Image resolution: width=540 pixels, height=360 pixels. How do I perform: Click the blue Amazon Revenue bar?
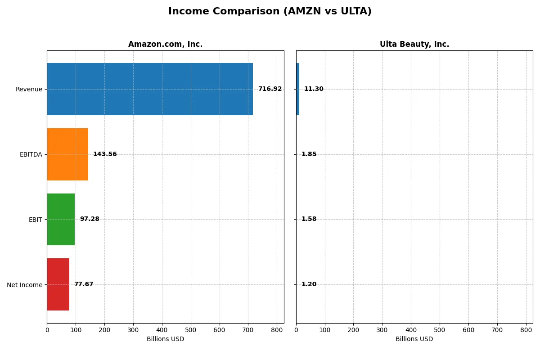coord(150,89)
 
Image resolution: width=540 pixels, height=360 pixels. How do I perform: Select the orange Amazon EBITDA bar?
coord(67,154)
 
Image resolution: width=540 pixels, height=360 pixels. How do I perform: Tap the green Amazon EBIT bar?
coord(61,219)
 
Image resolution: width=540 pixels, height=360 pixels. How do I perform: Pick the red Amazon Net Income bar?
coord(58,284)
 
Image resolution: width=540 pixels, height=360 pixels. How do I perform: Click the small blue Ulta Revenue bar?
coord(297,89)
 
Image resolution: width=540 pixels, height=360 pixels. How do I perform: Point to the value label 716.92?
coord(270,89)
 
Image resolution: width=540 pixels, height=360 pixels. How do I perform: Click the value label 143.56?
coord(105,154)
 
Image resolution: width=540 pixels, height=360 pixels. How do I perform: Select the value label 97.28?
coord(90,219)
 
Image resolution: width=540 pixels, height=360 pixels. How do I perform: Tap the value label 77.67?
coord(84,284)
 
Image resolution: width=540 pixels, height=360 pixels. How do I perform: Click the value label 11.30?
coord(314,89)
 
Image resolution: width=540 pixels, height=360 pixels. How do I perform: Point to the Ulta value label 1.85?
coord(309,154)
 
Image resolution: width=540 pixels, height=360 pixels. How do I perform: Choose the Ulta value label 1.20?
coord(309,284)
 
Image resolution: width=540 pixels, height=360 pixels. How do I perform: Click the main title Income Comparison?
coord(270,12)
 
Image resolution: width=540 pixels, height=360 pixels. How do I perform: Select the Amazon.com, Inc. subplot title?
coord(165,45)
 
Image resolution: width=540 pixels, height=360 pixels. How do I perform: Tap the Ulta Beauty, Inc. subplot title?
coord(414,45)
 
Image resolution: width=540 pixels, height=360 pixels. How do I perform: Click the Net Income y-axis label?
coord(25,285)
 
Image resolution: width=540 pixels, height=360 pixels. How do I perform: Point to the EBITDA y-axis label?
coord(31,154)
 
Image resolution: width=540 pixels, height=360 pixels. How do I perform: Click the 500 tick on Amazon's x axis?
coord(191,330)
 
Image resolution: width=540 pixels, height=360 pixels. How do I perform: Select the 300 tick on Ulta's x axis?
coord(382,330)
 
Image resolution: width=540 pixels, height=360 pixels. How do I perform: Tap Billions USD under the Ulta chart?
coord(414,339)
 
